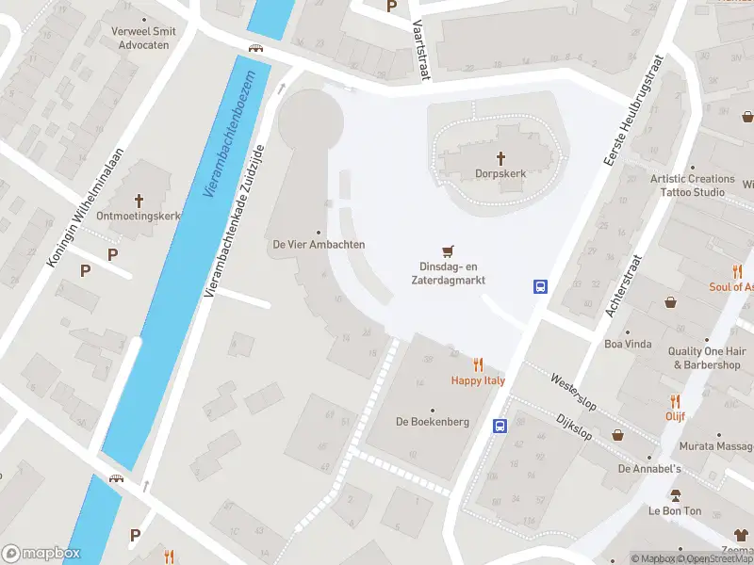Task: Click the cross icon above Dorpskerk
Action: [x=500, y=157]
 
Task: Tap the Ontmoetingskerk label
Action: [x=144, y=216]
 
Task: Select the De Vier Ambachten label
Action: [x=318, y=245]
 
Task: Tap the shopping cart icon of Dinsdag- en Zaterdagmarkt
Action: [x=447, y=251]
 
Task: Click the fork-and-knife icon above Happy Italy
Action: [x=478, y=364]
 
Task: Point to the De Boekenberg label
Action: [x=432, y=422]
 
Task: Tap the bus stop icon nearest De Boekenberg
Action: [x=500, y=426]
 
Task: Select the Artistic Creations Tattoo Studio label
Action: [x=692, y=186]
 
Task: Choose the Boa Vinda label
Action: [x=628, y=344]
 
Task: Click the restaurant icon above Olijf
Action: [x=675, y=400]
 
